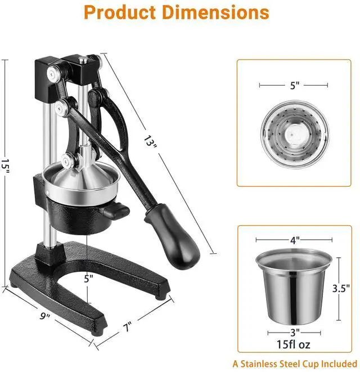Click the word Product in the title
pyautogui.click(x=120, y=12)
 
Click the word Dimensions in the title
pyautogui.click(x=215, y=12)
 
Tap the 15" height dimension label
pyautogui.click(x=5, y=166)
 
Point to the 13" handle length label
pyautogui.click(x=150, y=142)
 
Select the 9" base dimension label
pyautogui.click(x=45, y=316)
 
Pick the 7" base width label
pyautogui.click(x=127, y=326)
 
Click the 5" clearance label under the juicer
pyautogui.click(x=88, y=279)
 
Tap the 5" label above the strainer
pyautogui.click(x=295, y=86)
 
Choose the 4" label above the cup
pyautogui.click(x=295, y=240)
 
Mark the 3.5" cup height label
pyautogui.click(x=341, y=288)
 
